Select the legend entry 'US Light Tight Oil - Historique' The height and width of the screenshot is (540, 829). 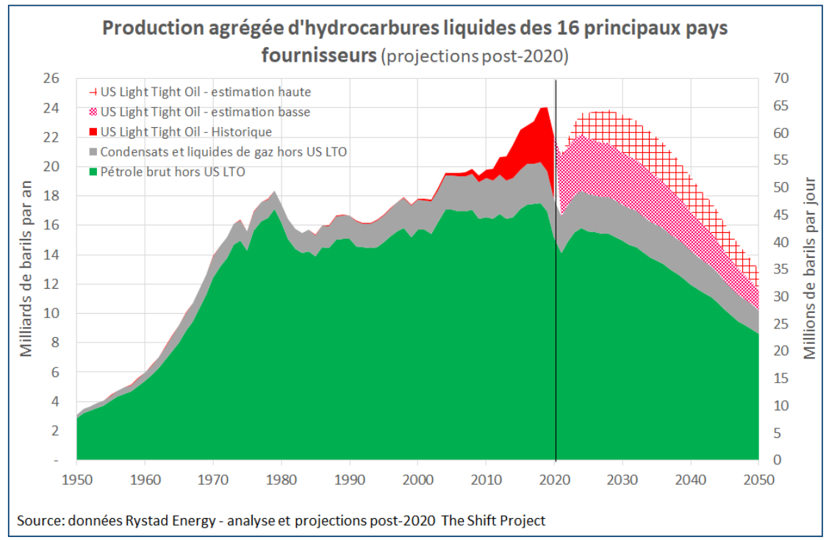(186, 132)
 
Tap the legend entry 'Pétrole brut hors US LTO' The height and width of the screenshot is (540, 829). (173, 172)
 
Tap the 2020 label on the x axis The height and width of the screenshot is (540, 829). (555, 478)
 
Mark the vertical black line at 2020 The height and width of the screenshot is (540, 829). (556, 294)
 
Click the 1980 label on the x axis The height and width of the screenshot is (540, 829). (281, 478)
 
